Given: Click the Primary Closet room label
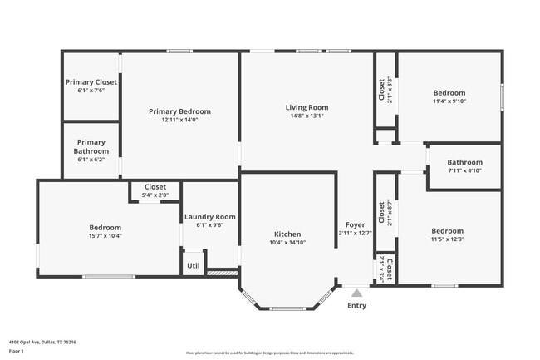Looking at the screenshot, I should pos(91,82).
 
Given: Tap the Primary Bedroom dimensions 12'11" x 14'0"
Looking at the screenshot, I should pos(179,121).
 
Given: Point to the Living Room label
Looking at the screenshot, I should pos(307,107).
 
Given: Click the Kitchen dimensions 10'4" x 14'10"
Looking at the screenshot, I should pos(287,243).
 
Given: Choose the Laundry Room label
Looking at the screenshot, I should pos(209,216).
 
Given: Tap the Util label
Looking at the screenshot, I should pos(193,266).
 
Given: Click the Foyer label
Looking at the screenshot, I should pos(356,224).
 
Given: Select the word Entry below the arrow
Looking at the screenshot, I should pos(356,305).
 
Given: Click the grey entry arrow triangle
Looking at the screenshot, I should pos(356,293).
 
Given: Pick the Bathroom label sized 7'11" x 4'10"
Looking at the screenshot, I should pos(464,162).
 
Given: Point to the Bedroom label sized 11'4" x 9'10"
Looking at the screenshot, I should pos(449,93).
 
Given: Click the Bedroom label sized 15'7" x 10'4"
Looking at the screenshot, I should pos(106,227).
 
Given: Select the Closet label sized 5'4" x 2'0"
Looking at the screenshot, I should pos(155,187).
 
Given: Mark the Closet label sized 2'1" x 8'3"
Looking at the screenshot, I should pos(382,90).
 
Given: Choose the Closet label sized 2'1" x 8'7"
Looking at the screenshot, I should pos(382,213).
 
